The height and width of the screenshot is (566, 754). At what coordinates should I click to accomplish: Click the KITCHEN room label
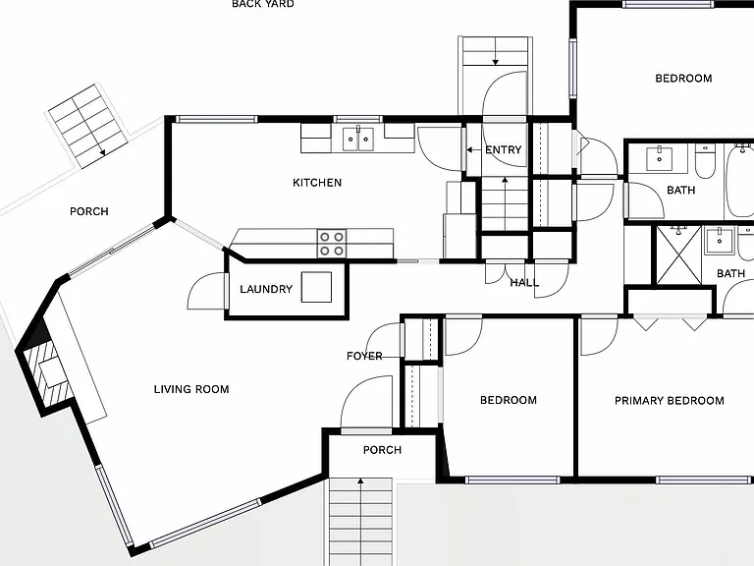[x=317, y=183]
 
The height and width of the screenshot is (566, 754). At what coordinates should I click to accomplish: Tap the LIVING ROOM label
[x=191, y=389]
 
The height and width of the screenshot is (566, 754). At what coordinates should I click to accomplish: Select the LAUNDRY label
[x=266, y=289]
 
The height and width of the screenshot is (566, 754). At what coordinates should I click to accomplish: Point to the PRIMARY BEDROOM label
[x=670, y=401]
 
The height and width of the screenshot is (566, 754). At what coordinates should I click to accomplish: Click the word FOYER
[x=364, y=356]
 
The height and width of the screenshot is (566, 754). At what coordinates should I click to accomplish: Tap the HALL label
[x=524, y=283]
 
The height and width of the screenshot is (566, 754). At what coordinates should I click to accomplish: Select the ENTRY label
[x=503, y=150]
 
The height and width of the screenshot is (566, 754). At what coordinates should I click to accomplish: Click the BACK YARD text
[x=263, y=4]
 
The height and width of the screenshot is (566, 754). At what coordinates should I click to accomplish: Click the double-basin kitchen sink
[x=358, y=140]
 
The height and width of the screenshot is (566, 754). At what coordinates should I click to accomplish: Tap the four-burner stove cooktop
[x=332, y=244]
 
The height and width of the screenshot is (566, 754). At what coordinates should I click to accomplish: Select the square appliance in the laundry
[x=316, y=287]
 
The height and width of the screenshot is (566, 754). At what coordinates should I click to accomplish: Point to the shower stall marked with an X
[x=678, y=256]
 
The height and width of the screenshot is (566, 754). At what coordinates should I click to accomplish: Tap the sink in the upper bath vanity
[x=659, y=159]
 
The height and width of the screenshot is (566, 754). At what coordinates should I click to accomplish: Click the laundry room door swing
[x=206, y=291]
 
